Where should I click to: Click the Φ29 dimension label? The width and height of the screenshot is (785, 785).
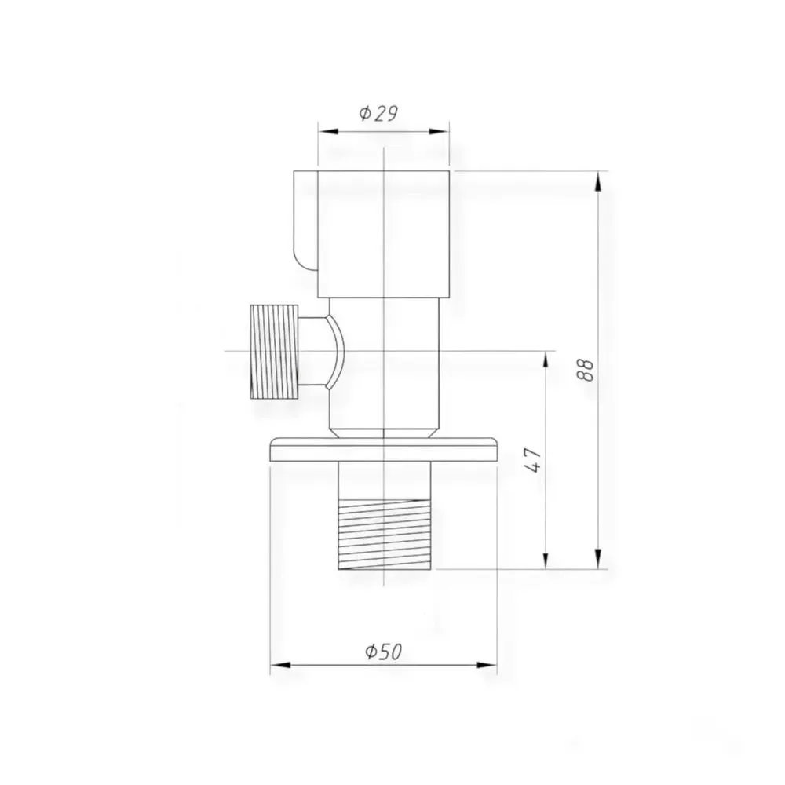click(x=378, y=114)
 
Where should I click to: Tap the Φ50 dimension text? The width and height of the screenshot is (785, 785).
click(x=384, y=652)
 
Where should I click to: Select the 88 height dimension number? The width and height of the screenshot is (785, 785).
click(x=586, y=370)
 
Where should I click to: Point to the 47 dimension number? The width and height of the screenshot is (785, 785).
click(x=534, y=460)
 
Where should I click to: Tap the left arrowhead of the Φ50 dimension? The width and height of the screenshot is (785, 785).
click(x=280, y=665)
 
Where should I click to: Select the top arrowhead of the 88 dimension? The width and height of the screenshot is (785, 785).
click(x=597, y=181)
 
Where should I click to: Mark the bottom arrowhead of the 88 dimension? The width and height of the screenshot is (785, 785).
click(x=597, y=559)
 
